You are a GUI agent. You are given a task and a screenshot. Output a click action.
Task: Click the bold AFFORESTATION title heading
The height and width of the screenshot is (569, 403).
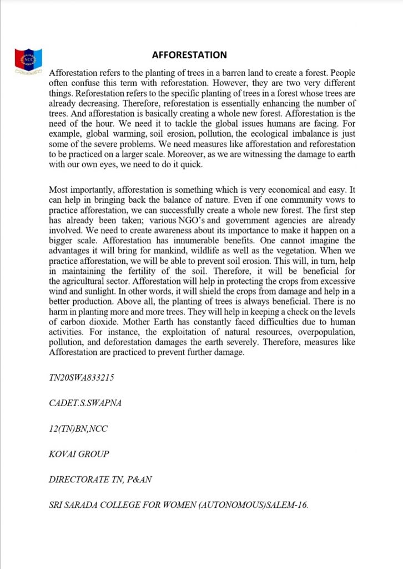189,55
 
